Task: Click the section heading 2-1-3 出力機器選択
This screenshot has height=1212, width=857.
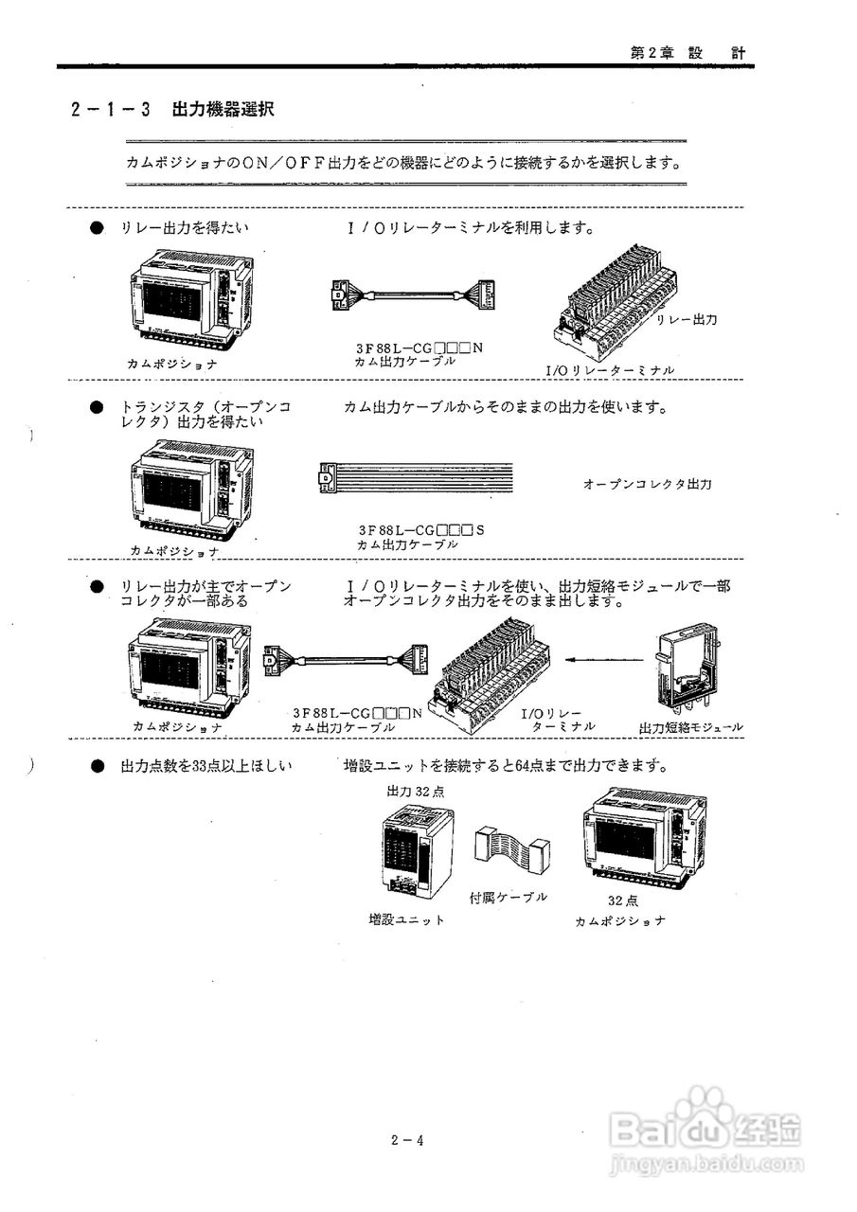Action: (x=172, y=109)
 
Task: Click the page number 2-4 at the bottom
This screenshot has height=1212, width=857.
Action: (x=406, y=1140)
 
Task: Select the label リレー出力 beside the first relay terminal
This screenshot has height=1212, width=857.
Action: (x=687, y=320)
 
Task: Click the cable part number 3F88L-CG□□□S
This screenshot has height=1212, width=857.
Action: (x=420, y=530)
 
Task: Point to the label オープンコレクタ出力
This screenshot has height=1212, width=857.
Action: (x=647, y=484)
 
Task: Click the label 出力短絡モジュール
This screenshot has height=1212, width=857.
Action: (x=690, y=727)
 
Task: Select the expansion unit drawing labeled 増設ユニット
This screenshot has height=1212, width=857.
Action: (x=416, y=851)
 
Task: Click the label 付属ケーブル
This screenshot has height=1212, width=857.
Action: (x=509, y=896)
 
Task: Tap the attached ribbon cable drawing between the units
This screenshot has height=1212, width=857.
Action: (x=511, y=850)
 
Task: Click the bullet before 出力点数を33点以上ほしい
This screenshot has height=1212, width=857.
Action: (x=97, y=765)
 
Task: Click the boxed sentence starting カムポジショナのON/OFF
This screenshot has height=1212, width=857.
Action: (x=404, y=162)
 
